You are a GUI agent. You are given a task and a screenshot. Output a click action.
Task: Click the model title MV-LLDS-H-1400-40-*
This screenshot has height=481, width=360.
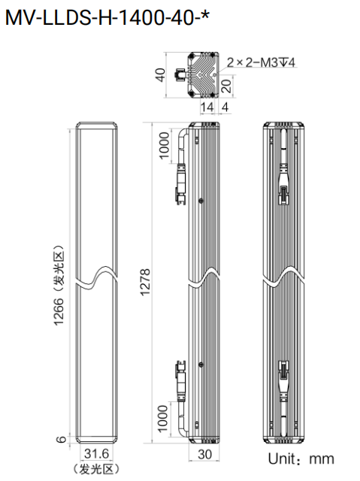[107, 17]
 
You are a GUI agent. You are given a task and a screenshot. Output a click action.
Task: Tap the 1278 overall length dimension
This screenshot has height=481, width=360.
[145, 282]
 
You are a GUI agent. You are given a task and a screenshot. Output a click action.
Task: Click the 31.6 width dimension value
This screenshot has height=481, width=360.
[96, 453]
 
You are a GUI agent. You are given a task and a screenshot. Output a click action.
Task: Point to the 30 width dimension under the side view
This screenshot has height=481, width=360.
[204, 454]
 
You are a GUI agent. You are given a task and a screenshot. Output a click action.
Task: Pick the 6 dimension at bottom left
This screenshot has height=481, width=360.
[62, 439]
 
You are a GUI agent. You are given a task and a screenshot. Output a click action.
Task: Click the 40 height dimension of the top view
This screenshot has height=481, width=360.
[160, 75]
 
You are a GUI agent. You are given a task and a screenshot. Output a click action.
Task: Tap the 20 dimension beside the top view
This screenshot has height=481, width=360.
[226, 86]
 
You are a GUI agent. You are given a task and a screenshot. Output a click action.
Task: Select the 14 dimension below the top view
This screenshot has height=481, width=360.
[207, 107]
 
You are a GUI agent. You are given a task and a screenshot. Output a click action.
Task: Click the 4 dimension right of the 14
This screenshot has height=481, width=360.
[225, 107]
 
